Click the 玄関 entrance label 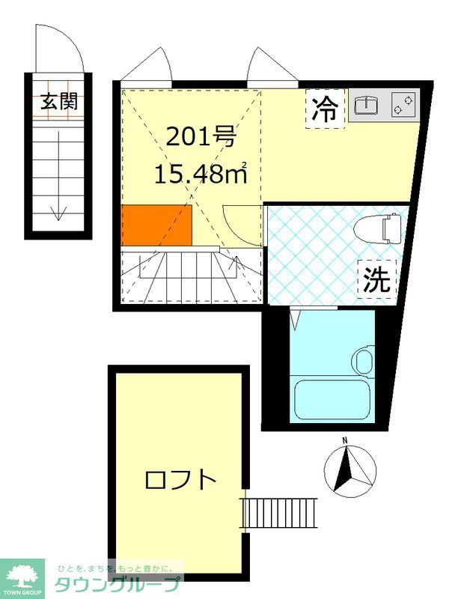(59, 101)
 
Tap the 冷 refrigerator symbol (325, 109)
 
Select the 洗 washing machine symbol (376, 279)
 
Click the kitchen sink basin (366, 106)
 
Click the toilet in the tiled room (377, 228)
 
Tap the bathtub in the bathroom (332, 399)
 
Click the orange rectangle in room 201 (156, 225)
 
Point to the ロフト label (180, 480)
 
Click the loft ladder (279, 513)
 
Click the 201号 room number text (201, 138)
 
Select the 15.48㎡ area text (201, 174)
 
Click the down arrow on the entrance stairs (58, 176)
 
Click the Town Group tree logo (22, 576)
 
